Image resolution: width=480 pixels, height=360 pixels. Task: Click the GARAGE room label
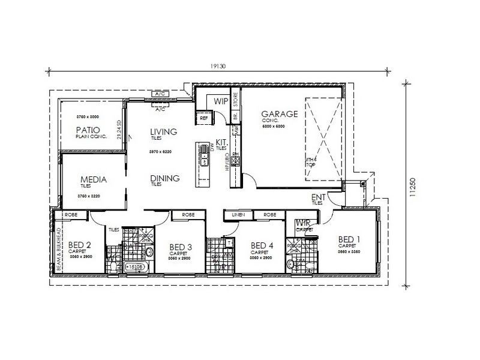[279, 113]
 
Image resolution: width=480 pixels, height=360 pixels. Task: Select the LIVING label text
[163, 131]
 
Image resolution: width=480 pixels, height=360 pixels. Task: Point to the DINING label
[165, 178]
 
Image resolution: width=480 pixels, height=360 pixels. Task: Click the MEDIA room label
[93, 179]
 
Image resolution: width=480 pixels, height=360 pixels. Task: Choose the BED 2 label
[80, 245]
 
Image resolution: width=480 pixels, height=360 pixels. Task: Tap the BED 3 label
[181, 247]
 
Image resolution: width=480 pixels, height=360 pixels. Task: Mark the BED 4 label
[262, 245]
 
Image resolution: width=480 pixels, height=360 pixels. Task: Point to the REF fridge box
[204, 118]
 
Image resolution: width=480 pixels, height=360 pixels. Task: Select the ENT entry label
[318, 197]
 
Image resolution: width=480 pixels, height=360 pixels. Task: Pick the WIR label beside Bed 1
[303, 223]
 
